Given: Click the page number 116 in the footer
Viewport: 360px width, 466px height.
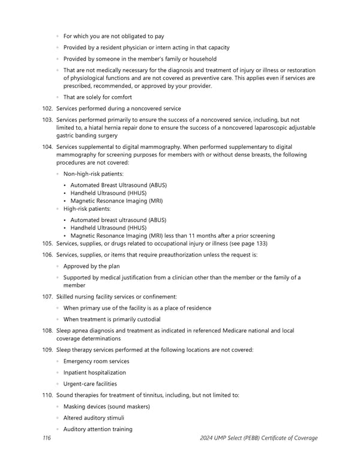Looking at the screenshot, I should pos(46,438).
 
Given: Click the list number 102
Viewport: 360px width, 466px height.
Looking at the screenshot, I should pos(48,108).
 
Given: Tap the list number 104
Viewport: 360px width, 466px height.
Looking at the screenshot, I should pos(48,147).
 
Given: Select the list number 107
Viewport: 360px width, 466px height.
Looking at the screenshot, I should pos(48,297).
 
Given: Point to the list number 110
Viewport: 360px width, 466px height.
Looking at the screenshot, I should pos(48,395).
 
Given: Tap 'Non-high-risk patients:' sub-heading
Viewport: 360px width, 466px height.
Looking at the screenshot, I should pos(94,174).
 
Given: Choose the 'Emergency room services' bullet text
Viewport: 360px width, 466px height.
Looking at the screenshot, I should pos(96,361).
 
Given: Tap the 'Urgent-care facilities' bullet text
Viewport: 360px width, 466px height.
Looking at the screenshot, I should pos(90,384).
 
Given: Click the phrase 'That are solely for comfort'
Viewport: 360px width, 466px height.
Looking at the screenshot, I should pos(97,97).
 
